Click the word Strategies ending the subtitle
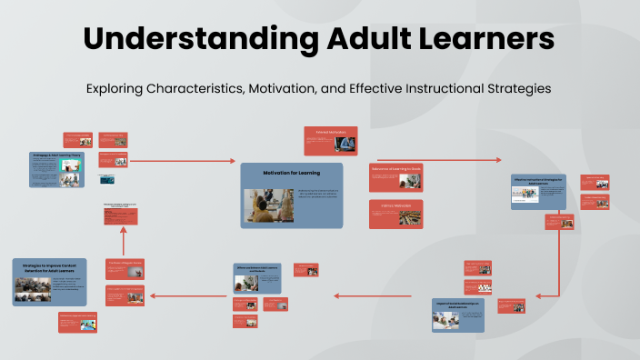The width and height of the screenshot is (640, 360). (517, 89)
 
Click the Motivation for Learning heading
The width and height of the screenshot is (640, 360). (291, 172)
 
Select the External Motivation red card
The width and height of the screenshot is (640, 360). (330, 141)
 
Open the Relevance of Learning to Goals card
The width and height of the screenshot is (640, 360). (395, 177)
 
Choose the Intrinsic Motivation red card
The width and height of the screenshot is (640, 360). (395, 214)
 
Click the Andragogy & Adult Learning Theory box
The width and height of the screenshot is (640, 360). (57, 169)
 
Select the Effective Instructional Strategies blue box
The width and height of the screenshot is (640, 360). (538, 191)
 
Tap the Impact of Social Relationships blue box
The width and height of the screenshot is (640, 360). (458, 314)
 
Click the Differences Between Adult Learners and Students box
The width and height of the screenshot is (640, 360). (257, 278)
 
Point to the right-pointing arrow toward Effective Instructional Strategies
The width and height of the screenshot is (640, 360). (436, 159)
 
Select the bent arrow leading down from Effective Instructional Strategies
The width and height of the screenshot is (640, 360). (557, 264)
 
